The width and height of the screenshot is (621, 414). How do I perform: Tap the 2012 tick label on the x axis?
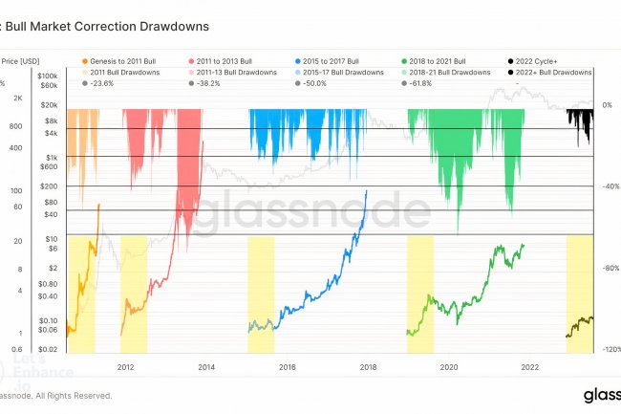tap(125, 365)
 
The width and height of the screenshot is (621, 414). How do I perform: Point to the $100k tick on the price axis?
tap(49, 75)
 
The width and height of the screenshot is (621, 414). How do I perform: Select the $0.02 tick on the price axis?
tap(49, 350)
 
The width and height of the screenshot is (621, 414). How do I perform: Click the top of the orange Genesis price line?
tap(98, 205)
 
